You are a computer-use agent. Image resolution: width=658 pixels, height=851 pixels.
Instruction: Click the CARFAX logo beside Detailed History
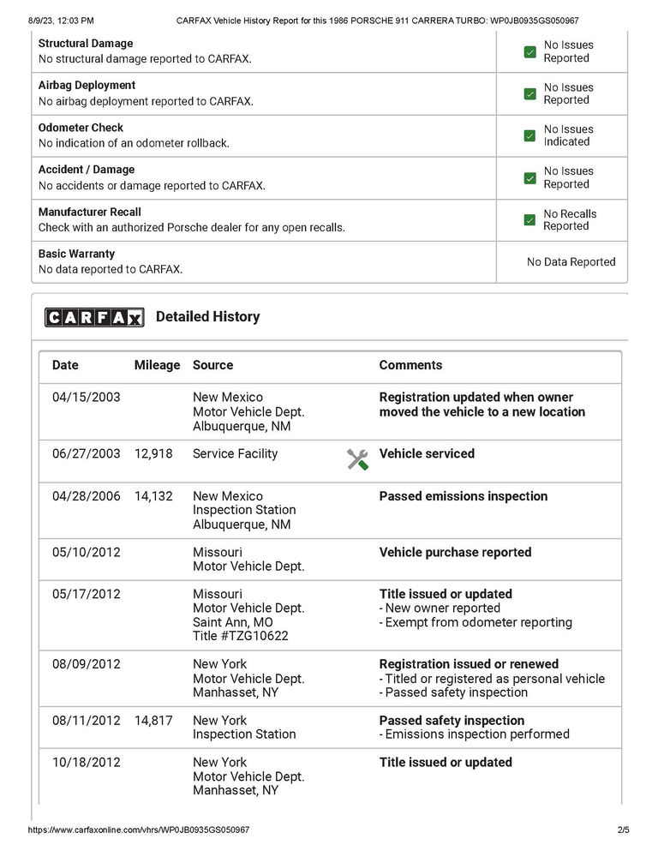(94, 317)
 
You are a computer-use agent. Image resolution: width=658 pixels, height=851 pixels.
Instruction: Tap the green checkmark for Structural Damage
(529, 51)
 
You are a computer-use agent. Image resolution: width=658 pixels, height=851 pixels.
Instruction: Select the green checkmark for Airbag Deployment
(529, 93)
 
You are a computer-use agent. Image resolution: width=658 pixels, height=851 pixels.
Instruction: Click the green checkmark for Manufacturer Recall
(529, 220)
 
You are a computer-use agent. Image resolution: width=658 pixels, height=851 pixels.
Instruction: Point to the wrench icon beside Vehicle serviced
(357, 458)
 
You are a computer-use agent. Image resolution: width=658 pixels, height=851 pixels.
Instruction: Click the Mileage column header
(157, 365)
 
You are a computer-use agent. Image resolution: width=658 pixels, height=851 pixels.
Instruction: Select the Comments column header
(410, 365)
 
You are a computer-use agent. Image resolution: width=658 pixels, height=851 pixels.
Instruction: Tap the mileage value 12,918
(153, 453)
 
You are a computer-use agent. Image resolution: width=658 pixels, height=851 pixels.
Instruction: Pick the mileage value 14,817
(153, 721)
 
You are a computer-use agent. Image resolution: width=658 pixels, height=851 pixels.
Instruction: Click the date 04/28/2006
(86, 496)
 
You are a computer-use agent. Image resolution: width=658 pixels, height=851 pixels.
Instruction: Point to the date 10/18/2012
(86, 763)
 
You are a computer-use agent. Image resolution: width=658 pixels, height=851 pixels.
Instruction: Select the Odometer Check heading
(81, 128)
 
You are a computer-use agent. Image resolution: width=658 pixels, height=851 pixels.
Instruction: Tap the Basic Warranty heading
(77, 254)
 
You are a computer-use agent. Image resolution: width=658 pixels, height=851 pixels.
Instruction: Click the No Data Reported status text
(571, 262)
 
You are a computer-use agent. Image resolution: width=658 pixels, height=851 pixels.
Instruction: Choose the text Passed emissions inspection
(463, 496)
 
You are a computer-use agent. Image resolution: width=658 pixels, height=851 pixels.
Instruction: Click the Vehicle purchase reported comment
(455, 553)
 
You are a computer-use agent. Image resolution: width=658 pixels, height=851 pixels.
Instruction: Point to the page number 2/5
(623, 830)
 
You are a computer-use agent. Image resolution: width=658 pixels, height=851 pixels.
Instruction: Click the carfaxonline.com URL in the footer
(139, 830)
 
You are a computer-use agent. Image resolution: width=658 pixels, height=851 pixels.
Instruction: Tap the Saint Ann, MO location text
(233, 623)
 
